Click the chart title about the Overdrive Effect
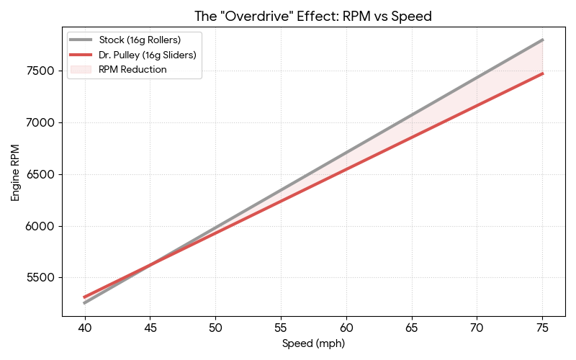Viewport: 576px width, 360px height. tap(313, 16)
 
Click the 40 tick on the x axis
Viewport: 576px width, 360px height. tap(84, 328)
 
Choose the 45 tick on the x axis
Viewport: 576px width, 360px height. tap(150, 328)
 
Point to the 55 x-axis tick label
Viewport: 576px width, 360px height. tap(281, 328)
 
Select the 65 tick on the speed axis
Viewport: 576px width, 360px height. tap(411, 328)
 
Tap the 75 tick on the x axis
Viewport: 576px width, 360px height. tap(542, 328)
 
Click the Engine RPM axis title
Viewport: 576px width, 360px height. tap(16, 173)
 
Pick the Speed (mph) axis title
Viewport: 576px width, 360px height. tap(313, 344)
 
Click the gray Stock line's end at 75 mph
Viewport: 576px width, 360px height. tap(542, 40)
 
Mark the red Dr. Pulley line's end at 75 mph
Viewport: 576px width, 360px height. tap(542, 73)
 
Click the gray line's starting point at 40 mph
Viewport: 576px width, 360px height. tap(84, 303)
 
